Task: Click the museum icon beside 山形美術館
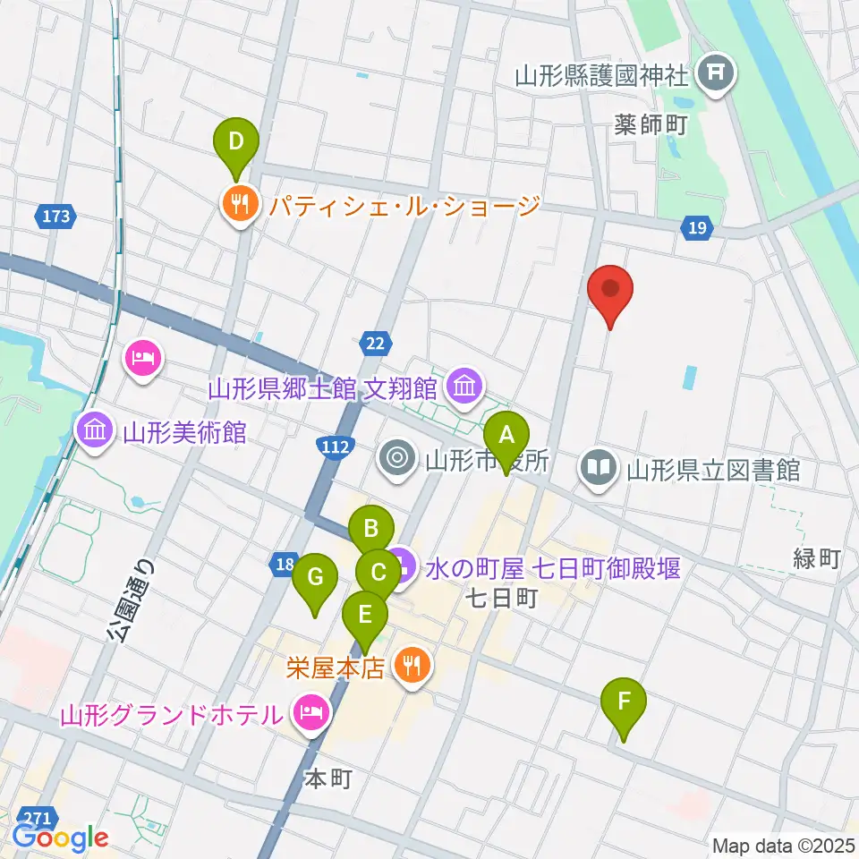tap(94, 430)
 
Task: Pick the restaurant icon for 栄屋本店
tap(412, 665)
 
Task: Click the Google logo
tap(60, 838)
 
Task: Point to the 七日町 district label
tap(500, 598)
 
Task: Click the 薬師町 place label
tap(650, 124)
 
